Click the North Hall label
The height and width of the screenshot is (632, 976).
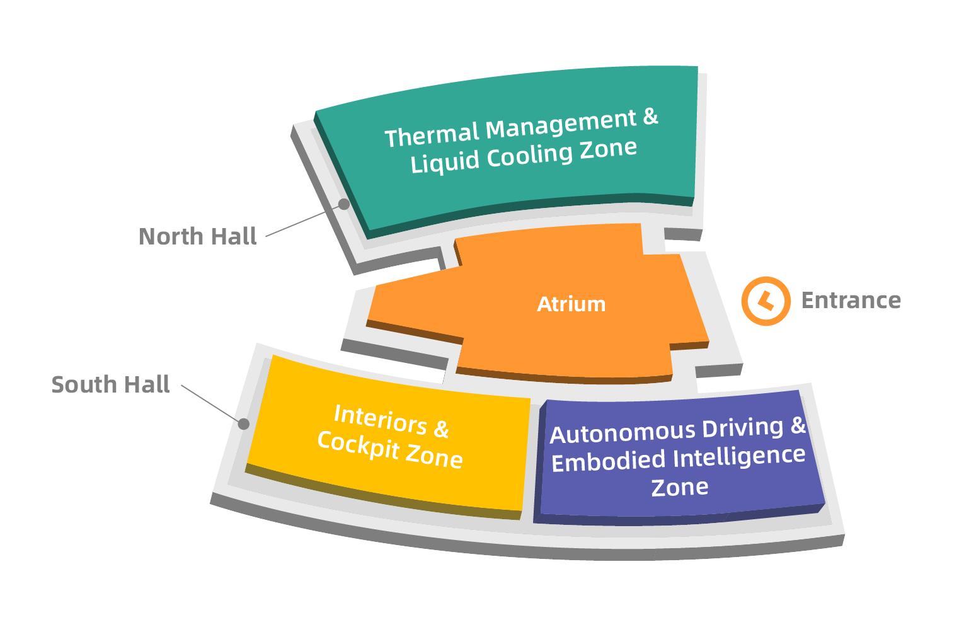(x=197, y=237)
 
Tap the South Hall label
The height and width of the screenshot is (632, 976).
(x=110, y=384)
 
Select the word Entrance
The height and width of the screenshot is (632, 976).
(x=851, y=301)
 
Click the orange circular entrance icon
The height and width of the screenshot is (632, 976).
(x=766, y=301)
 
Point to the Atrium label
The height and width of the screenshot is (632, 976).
(x=571, y=304)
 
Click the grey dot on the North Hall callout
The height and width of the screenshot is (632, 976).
(x=344, y=204)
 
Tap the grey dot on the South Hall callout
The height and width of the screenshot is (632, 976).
(x=244, y=424)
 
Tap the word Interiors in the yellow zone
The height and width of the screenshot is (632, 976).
(x=380, y=419)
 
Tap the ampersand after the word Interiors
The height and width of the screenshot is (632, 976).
(x=441, y=429)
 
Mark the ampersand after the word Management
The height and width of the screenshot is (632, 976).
(x=650, y=117)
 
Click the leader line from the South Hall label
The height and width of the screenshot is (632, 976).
(x=210, y=403)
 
